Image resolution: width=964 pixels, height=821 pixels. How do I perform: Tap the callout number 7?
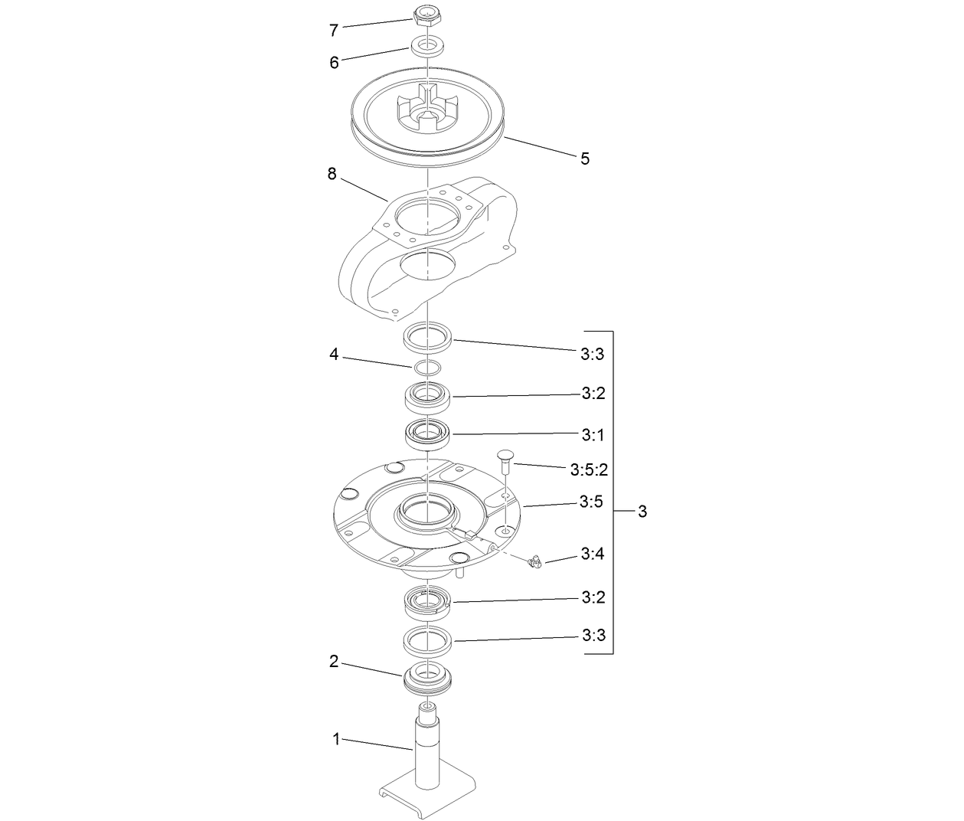coord(334,31)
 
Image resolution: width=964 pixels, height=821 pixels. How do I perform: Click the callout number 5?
coord(585,159)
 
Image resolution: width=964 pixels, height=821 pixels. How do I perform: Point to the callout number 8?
coord(332,174)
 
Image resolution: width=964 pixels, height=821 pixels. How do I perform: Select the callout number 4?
coord(334,355)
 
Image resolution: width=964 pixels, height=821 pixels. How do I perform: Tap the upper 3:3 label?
coord(593,354)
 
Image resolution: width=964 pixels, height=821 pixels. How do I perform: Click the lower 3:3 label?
coord(593,635)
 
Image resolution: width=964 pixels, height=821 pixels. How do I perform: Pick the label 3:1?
coord(593,435)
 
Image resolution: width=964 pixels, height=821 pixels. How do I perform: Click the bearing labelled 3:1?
coord(428,433)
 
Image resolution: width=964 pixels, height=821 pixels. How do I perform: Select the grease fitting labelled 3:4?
coord(535,563)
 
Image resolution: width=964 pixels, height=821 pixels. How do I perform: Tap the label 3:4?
coord(593,553)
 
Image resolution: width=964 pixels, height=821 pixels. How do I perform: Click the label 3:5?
coord(593,502)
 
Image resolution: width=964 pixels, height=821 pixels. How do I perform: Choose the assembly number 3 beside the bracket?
coord(642,511)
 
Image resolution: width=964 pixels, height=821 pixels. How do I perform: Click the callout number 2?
coord(334,662)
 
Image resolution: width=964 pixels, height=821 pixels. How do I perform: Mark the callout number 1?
coord(335,739)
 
